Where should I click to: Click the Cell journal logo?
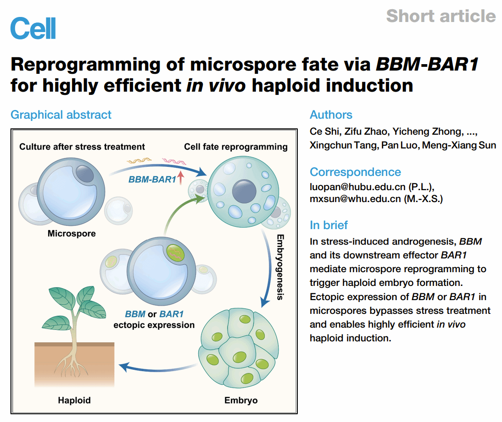[x=33, y=28]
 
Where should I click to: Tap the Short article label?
[x=441, y=16]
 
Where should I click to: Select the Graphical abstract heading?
[x=61, y=115]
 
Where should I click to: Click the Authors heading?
[x=331, y=115]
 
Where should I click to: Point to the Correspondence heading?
[x=355, y=172]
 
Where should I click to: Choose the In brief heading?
[x=329, y=225]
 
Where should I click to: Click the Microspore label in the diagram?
[x=72, y=234]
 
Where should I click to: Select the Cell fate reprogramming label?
[x=236, y=147]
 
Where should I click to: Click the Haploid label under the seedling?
[x=74, y=400]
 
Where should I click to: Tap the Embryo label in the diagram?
[x=241, y=400]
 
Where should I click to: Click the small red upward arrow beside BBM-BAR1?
[x=181, y=177]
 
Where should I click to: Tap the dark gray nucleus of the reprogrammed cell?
[x=244, y=189]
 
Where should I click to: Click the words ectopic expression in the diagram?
[x=154, y=325]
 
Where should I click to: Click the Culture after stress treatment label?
[x=82, y=147]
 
